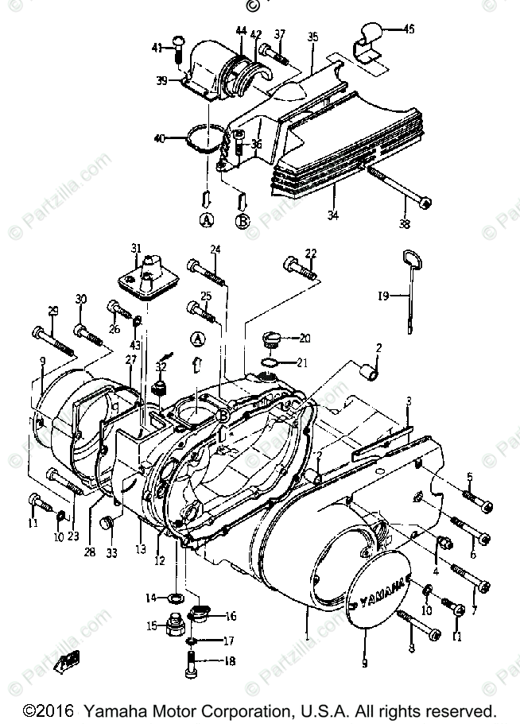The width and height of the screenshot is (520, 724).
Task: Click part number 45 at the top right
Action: pyautogui.click(x=408, y=29)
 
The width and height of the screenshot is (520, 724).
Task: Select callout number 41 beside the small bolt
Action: pyautogui.click(x=157, y=48)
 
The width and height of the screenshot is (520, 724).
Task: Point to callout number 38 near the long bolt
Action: pyautogui.click(x=404, y=224)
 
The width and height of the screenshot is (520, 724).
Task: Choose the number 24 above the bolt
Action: pyautogui.click(x=215, y=250)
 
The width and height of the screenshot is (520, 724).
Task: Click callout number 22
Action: pyautogui.click(x=311, y=254)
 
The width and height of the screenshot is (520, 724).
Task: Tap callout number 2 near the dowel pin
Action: pyautogui.click(x=379, y=347)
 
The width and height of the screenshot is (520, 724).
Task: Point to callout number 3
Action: pyautogui.click(x=408, y=400)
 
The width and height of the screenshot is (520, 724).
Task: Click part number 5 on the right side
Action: pyautogui.click(x=469, y=477)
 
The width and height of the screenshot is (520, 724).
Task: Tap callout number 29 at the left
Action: pyautogui.click(x=53, y=310)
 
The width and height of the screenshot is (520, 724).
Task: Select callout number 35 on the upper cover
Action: pyautogui.click(x=312, y=37)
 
